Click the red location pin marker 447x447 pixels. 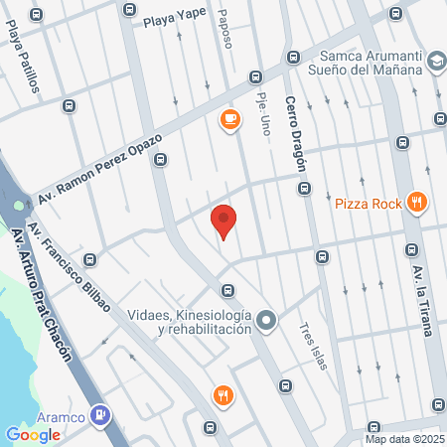pos(224,221)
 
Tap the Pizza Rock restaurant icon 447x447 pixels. pos(417,203)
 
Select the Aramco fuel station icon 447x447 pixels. pos(99,415)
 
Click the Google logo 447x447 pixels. pos(33,434)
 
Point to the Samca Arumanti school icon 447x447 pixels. pos(435,63)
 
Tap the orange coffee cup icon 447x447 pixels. pos(229,120)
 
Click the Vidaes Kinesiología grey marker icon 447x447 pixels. pos(265,321)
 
